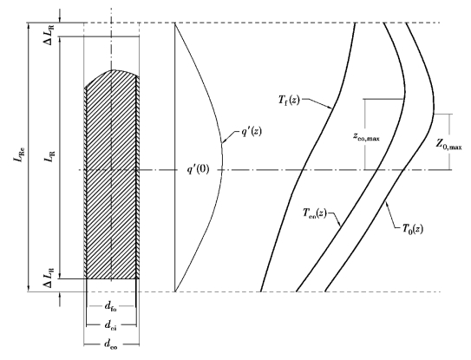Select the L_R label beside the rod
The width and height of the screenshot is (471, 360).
pyautogui.click(x=50, y=156)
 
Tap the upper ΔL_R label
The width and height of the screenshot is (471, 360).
pyautogui.click(x=50, y=36)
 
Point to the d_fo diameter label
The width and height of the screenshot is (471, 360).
pyautogui.click(x=110, y=307)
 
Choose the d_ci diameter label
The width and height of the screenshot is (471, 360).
pyautogui.click(x=110, y=325)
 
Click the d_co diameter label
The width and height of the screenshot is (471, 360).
pyautogui.click(x=111, y=344)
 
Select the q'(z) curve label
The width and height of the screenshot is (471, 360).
pyautogui.click(x=252, y=131)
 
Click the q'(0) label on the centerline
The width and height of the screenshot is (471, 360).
pyautogui.click(x=198, y=170)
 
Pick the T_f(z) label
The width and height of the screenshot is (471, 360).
pyautogui.click(x=289, y=100)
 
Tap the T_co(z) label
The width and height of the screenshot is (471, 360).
pyautogui.click(x=315, y=213)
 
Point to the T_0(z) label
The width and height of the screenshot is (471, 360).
pyautogui.click(x=413, y=229)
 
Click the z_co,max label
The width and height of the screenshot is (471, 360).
pyautogui.click(x=366, y=137)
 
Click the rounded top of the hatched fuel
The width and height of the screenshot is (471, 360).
pyautogui.click(x=112, y=70)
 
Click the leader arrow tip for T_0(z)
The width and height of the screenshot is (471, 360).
pyautogui.click(x=386, y=202)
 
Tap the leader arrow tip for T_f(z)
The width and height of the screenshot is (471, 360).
pyautogui.click(x=331, y=108)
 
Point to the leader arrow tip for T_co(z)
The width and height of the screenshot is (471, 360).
pyautogui.click(x=340, y=226)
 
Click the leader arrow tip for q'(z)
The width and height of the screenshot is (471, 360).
pyautogui.click(x=222, y=142)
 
